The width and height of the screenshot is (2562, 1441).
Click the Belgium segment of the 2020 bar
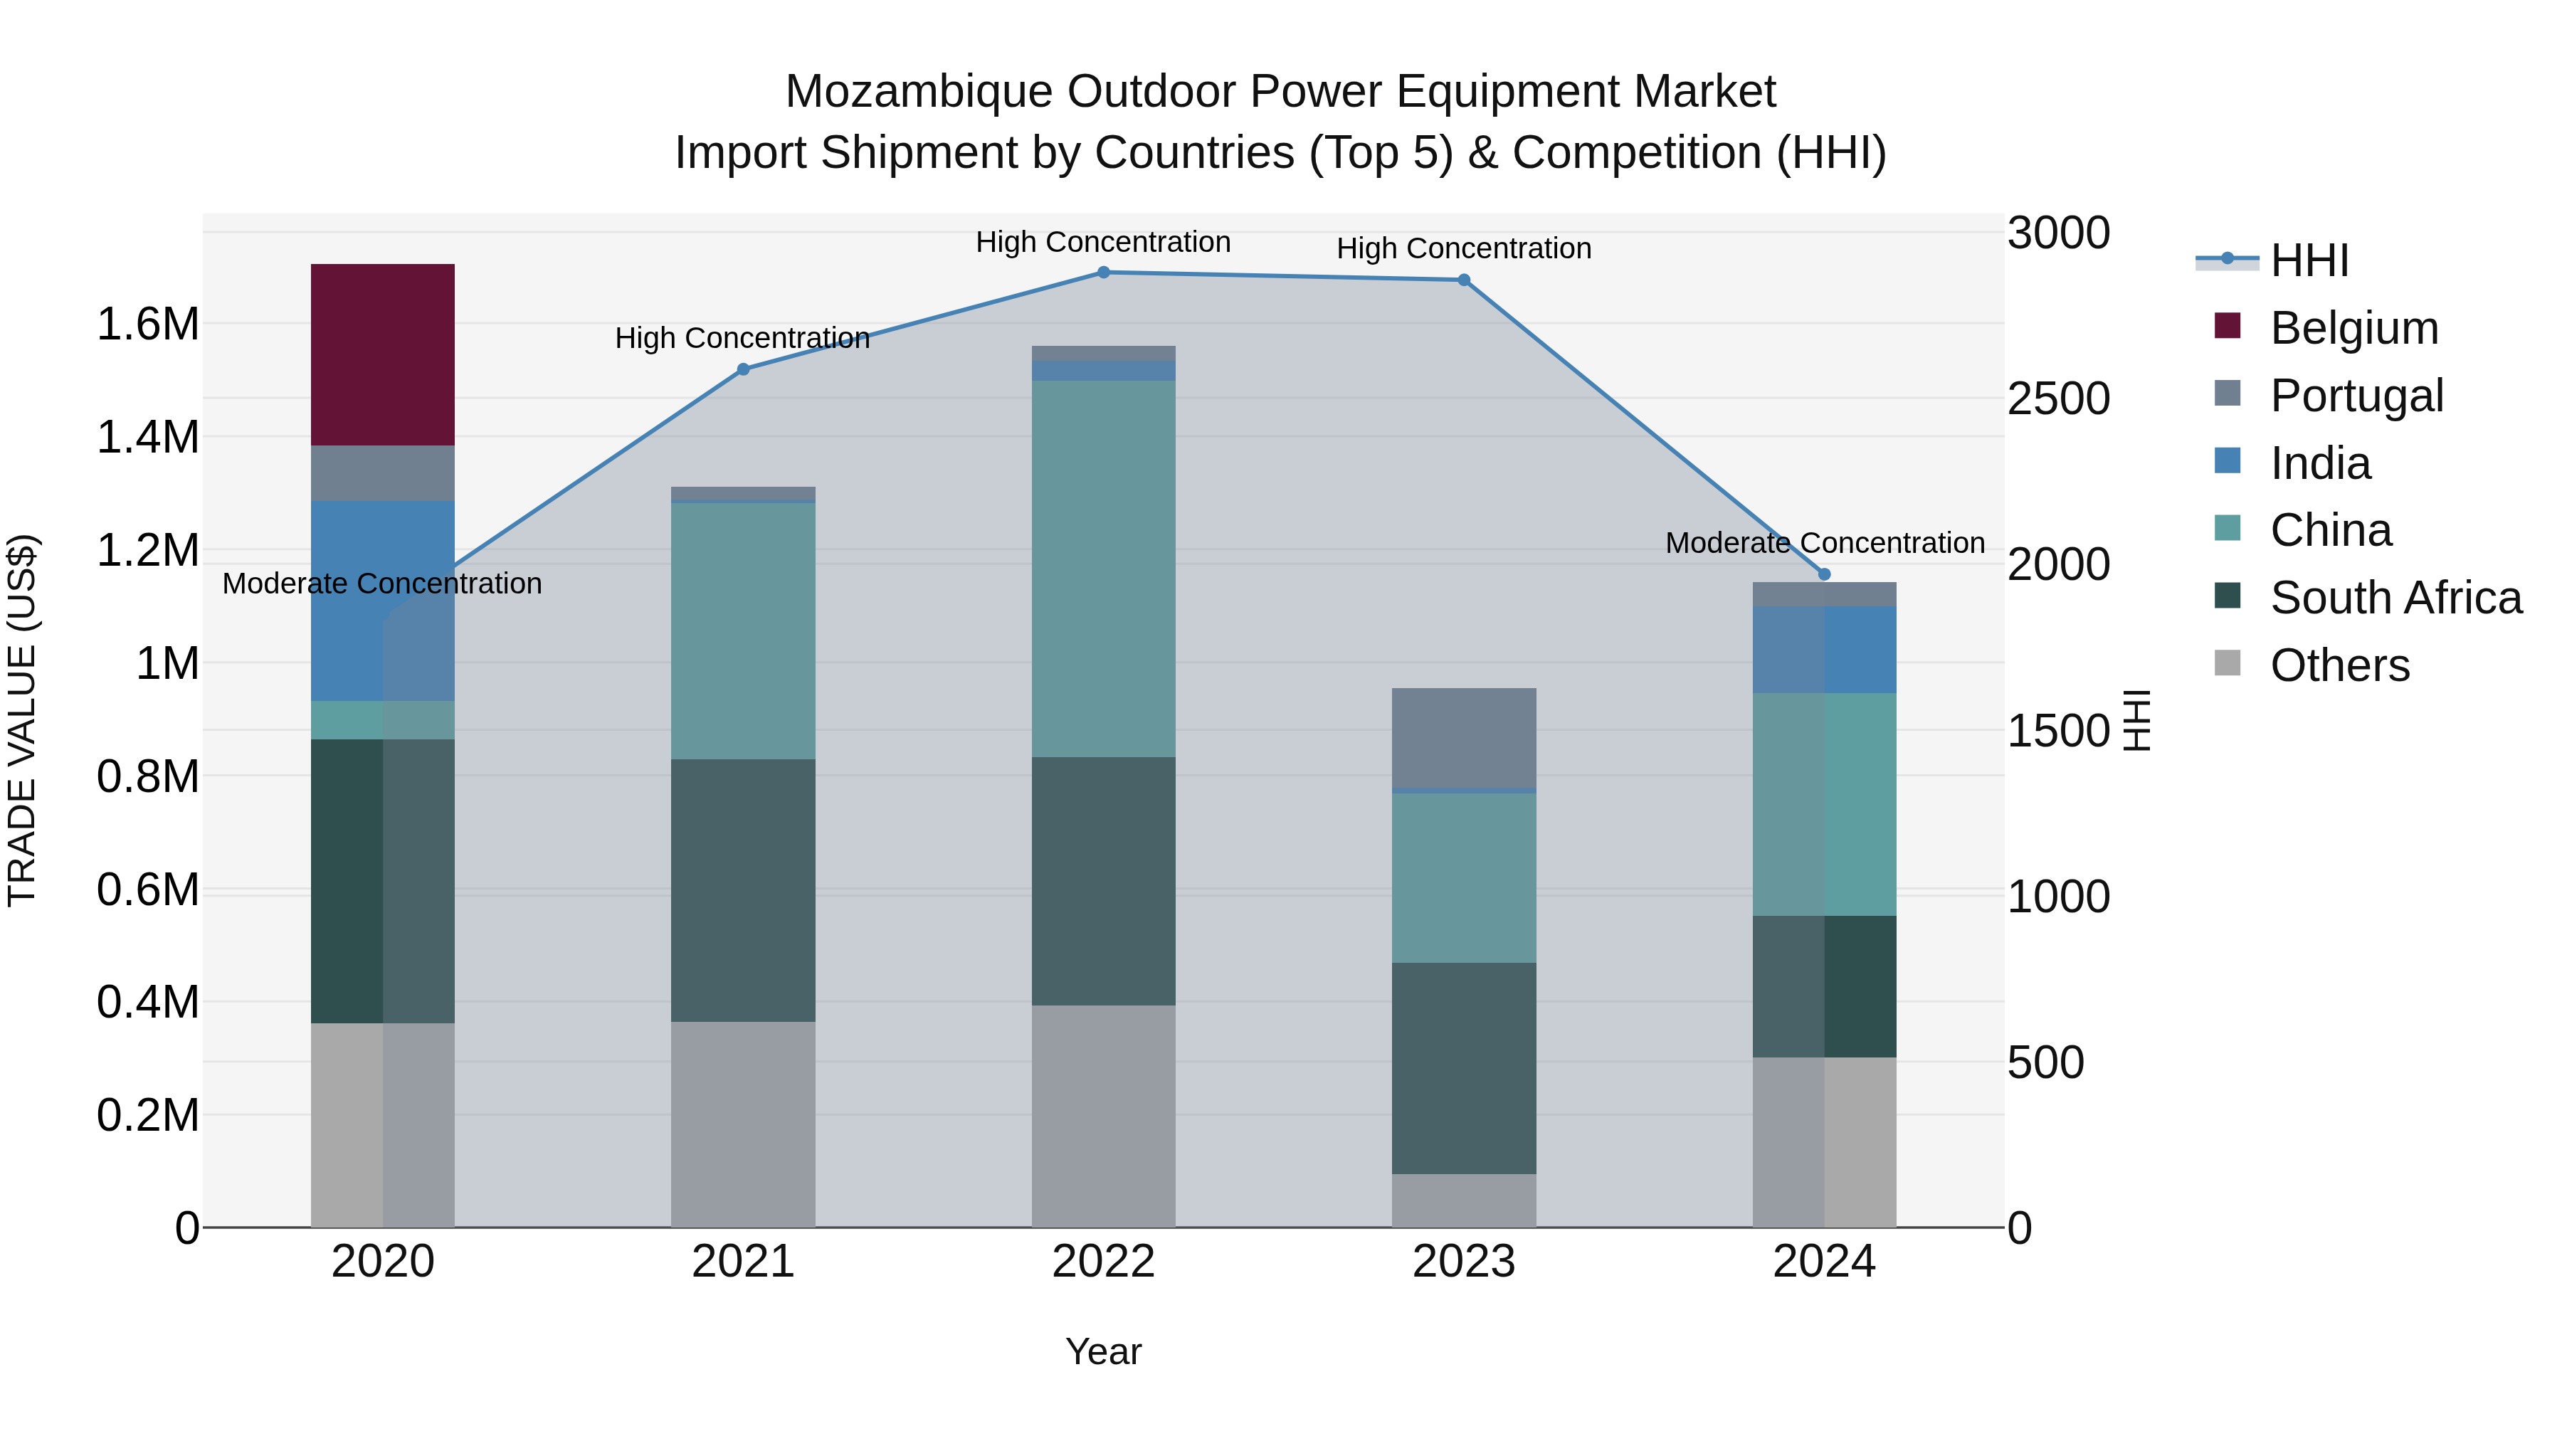(383, 354)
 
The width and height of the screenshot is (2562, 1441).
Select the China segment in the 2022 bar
(1103, 568)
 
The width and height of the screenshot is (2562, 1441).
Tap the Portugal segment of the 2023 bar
(1463, 737)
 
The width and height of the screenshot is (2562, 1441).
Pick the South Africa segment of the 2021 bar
(743, 890)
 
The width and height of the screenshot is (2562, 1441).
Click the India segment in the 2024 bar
(1824, 650)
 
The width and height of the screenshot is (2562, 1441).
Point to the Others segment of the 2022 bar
(1103, 1116)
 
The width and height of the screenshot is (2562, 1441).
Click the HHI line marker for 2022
(1103, 273)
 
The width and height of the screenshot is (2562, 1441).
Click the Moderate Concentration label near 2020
(382, 584)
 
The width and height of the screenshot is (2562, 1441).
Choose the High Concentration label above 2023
(1463, 248)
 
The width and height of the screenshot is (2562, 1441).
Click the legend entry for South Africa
(2395, 598)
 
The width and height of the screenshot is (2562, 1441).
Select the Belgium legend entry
(2353, 328)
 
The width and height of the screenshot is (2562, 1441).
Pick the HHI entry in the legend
(2309, 260)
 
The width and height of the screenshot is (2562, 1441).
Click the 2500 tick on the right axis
(2057, 398)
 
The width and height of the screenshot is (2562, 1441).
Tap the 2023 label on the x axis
(1463, 1262)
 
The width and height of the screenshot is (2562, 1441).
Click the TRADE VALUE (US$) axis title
(22, 720)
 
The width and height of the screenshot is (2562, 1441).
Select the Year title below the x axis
(1103, 1351)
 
